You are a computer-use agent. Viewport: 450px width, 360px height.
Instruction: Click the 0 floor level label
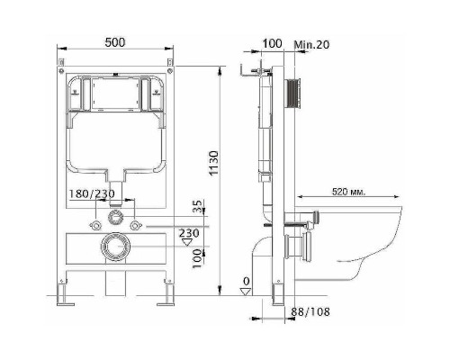(246, 282)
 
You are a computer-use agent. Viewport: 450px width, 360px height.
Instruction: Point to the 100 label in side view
(273, 43)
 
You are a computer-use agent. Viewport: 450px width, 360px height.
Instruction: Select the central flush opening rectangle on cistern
(115, 97)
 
